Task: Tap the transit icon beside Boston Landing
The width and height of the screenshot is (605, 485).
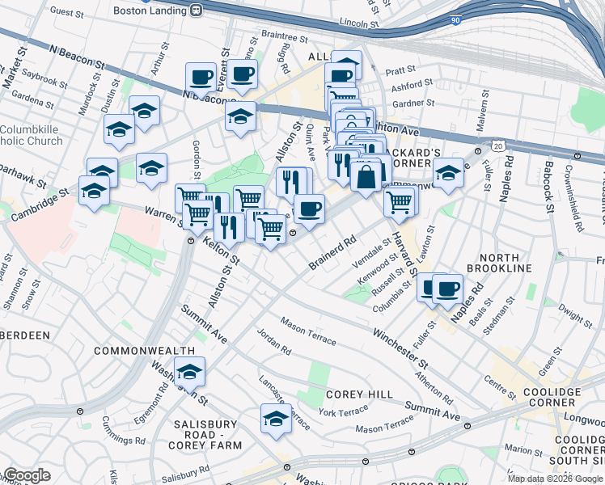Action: point(197,10)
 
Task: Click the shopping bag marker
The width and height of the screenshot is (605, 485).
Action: point(366,175)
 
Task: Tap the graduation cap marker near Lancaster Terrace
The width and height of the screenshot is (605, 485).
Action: point(276,419)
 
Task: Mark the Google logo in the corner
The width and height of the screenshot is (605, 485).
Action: point(26,475)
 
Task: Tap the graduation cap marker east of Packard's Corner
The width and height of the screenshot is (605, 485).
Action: point(448,171)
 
